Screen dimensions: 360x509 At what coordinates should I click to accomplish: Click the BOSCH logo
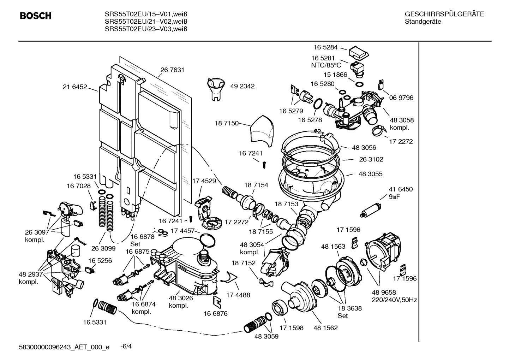pos(36,16)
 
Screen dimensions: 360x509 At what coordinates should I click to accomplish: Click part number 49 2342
pos(242,86)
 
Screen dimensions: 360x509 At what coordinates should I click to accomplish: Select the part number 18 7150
pos(226,123)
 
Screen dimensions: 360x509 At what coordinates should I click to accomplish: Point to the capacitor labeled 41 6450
pos(370,209)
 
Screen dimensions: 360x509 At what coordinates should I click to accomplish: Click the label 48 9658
pos(384,292)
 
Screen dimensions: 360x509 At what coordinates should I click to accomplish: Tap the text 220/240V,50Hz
pos(394,300)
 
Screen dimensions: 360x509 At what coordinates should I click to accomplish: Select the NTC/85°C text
pos(326,65)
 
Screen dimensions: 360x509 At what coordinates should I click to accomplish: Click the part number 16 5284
pos(325,47)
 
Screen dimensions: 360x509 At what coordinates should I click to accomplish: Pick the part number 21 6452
pos(75,87)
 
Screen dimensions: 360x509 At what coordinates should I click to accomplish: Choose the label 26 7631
pos(172,70)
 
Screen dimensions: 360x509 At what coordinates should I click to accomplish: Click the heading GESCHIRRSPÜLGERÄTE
pos(444,14)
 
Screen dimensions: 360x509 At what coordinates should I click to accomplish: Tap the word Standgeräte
pos(423,22)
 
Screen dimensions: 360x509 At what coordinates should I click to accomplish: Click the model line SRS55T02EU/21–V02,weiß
pos(145,22)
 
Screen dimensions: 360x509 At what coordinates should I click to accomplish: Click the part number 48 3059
pos(266,336)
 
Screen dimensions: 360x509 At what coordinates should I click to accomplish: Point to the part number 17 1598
pos(291,328)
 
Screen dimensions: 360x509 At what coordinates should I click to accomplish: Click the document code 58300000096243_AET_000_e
pos(64,347)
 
